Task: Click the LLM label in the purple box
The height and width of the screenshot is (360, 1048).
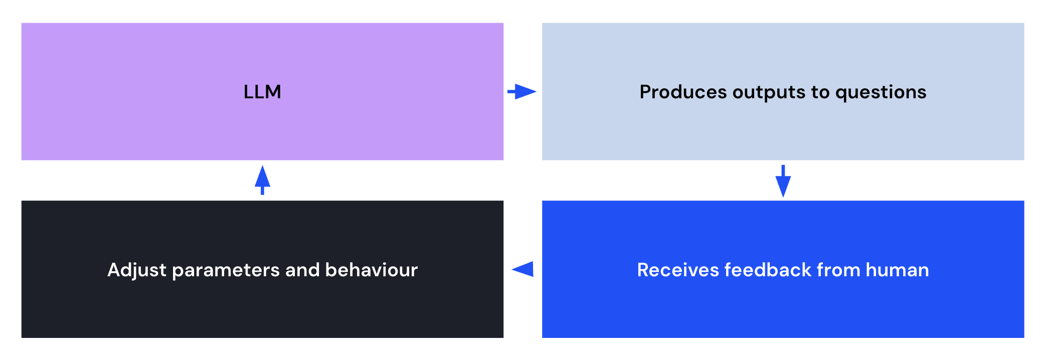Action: pyautogui.click(x=262, y=92)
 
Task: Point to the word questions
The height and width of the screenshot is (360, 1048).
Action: pyautogui.click(x=881, y=93)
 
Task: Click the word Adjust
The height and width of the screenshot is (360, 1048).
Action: pyautogui.click(x=137, y=271)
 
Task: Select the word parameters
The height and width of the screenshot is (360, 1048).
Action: pyautogui.click(x=226, y=271)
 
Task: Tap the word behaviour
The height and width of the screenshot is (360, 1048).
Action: pyautogui.click(x=372, y=270)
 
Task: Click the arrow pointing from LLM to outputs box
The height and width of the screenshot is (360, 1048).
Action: pyautogui.click(x=522, y=92)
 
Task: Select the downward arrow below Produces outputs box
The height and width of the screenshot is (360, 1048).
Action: pyautogui.click(x=783, y=181)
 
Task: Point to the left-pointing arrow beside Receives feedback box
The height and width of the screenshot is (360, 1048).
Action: pyautogui.click(x=522, y=269)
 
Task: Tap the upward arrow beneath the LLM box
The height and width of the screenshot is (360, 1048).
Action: pyautogui.click(x=262, y=180)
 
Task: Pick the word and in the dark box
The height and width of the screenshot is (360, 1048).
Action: pyautogui.click(x=303, y=270)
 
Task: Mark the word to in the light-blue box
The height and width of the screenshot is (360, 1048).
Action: pyautogui.click(x=820, y=93)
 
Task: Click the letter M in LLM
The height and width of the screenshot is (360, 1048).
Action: pyautogui.click(x=272, y=92)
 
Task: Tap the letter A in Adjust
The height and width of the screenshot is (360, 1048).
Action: pyautogui.click(x=115, y=270)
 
